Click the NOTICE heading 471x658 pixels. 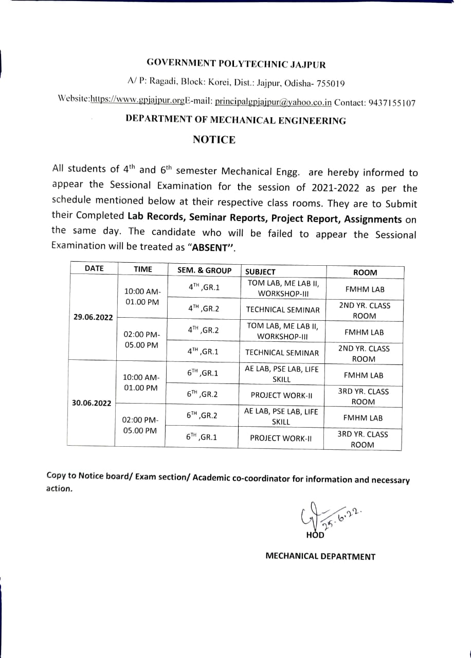click(214, 140)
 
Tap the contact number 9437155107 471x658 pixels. click(392, 102)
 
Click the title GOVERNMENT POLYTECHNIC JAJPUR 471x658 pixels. click(236, 64)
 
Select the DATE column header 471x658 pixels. click(94, 268)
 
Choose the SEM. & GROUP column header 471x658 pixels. click(204, 270)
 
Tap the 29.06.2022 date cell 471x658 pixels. click(93, 317)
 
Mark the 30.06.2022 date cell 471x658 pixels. click(92, 403)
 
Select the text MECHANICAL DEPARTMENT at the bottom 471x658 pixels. click(320, 556)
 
